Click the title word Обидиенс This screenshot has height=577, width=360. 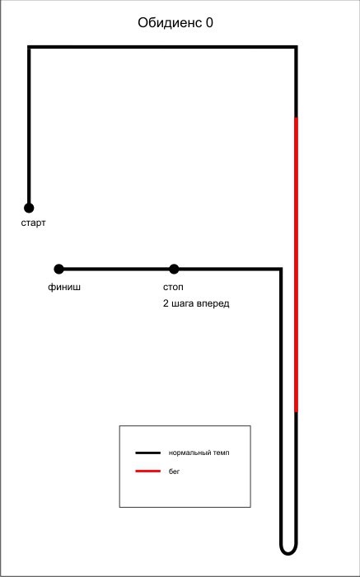170,23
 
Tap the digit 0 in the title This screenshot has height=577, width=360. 209,23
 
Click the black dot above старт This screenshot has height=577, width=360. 29,208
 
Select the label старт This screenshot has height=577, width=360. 34,223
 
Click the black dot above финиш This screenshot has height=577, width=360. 58,269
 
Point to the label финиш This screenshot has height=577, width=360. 64,287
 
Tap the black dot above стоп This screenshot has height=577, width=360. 174,269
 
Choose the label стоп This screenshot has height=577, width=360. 173,287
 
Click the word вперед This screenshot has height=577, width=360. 213,304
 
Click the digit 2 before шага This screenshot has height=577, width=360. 166,304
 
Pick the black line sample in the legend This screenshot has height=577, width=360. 147,453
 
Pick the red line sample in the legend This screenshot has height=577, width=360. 147,471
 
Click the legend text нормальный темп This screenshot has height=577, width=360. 199,453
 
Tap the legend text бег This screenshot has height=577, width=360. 175,471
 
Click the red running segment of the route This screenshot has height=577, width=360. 296,265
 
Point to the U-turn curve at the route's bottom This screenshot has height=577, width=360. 288,554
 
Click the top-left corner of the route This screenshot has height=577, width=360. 29,47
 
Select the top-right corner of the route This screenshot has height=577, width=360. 296,47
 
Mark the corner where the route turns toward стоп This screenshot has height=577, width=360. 281,270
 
